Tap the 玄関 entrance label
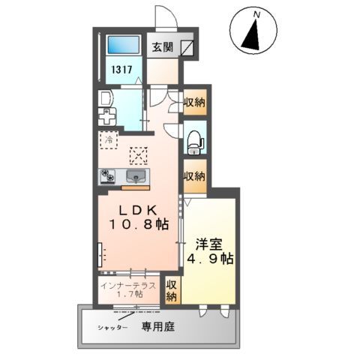pos(162,46)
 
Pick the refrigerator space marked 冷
pos(109,139)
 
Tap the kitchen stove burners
pos(109,176)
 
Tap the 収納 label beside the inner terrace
pos(172,291)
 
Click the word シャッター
pos(111,328)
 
